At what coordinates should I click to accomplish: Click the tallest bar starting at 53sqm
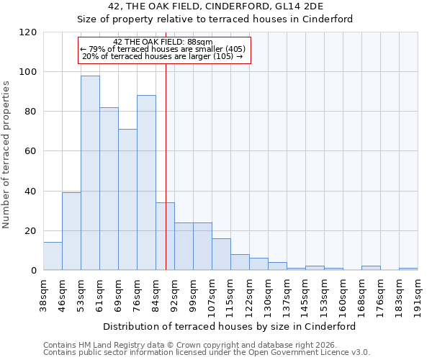click(90, 173)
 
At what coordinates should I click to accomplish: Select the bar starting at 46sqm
click(71, 231)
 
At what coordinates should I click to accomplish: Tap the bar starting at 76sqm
click(146, 183)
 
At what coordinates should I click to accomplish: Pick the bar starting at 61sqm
click(109, 189)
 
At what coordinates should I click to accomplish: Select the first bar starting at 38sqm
click(53, 256)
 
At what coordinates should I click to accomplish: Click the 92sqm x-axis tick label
click(174, 294)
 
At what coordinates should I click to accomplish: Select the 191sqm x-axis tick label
click(418, 294)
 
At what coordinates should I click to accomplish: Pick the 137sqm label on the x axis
click(287, 294)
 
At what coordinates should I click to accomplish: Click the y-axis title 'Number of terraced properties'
click(6, 155)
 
